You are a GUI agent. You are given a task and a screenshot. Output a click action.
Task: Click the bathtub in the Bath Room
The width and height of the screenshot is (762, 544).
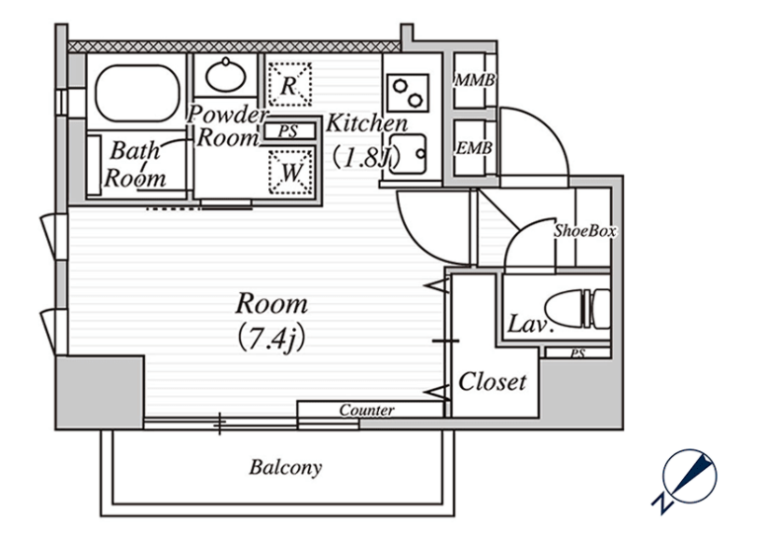pos(137,94)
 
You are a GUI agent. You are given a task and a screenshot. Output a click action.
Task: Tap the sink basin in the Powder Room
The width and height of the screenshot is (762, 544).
pos(225,75)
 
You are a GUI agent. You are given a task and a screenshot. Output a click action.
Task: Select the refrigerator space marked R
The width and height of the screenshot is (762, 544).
pos(289,84)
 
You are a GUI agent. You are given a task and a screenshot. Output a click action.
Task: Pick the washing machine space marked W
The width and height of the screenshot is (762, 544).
pos(290,172)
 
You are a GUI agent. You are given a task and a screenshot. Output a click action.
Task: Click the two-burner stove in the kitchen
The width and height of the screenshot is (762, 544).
pos(408,94)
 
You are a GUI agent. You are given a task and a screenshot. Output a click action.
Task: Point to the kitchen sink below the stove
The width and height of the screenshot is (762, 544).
pos(408,154)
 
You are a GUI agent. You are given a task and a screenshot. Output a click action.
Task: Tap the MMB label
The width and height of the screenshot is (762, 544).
pos(475,80)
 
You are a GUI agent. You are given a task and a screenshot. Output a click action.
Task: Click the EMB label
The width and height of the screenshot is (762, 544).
pos(474,148)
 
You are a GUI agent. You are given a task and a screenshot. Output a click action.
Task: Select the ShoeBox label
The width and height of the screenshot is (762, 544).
pos(585,230)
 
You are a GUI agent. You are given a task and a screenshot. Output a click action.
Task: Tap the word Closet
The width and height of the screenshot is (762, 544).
pos(493,382)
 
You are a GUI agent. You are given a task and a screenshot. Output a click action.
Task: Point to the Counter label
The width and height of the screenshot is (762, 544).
pos(366,410)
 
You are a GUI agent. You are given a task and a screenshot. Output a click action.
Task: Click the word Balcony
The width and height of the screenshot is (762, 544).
pos(285,467)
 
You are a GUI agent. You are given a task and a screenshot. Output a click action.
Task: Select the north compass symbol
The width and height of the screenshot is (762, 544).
pos(686,480)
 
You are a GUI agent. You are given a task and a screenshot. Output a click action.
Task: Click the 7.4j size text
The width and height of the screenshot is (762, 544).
pos(271,338)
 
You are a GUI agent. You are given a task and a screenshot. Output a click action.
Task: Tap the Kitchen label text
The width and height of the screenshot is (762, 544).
pos(366,123)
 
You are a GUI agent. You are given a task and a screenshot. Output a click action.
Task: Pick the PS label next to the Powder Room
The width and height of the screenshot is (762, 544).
pos(288,131)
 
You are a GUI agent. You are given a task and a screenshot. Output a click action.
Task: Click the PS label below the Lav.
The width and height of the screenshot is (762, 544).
pos(577,353)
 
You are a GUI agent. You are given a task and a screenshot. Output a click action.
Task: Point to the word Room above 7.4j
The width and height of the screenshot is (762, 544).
pos(271,304)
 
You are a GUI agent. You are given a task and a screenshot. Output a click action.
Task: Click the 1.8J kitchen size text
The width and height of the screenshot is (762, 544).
pos(366,157)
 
